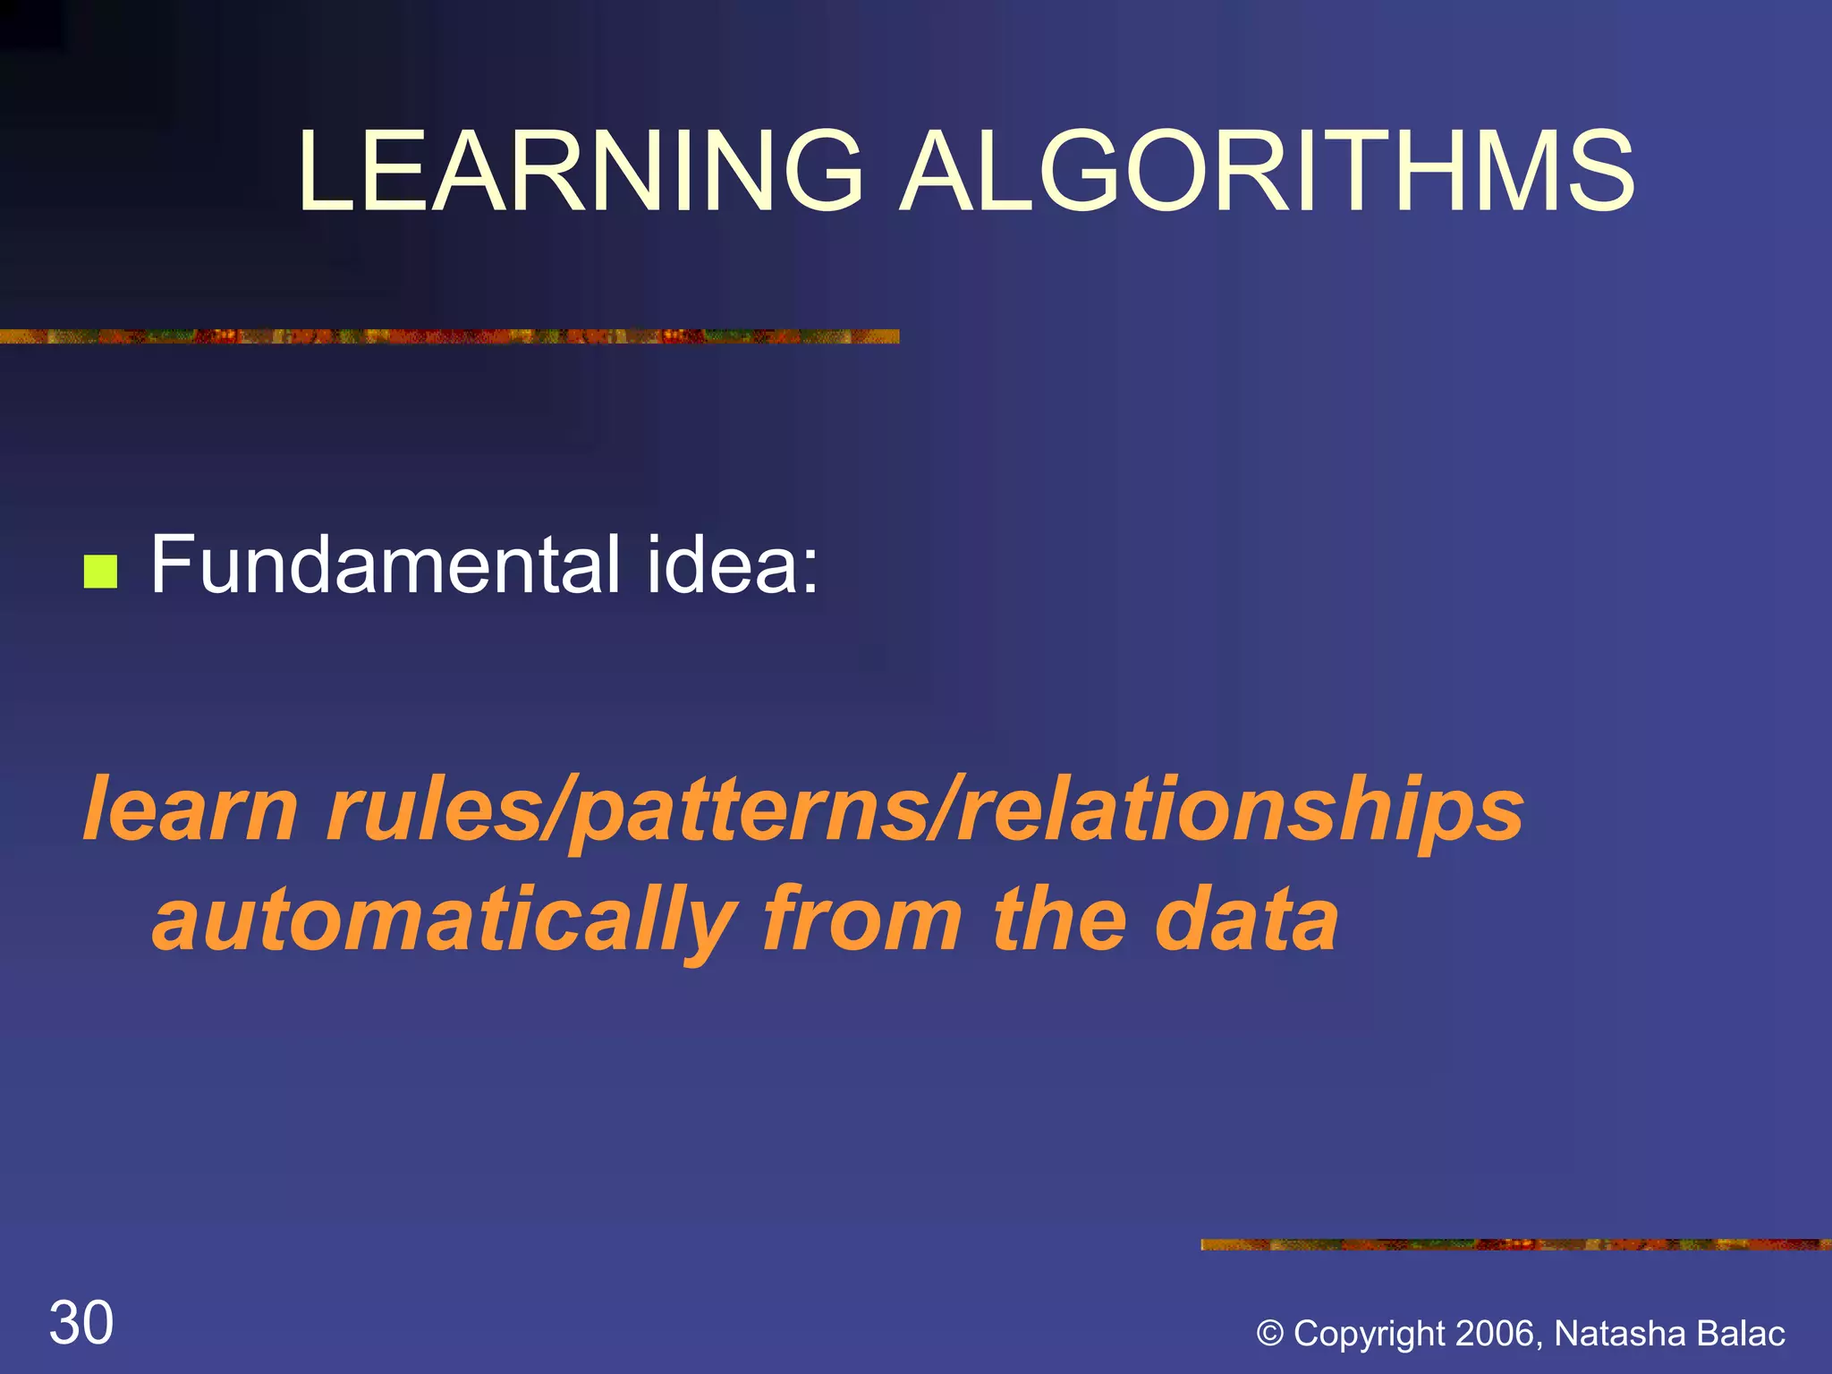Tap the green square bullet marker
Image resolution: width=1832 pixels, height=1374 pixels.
tap(100, 572)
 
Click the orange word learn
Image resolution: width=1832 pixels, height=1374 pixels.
tap(189, 809)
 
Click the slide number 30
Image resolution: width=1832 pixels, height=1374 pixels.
tap(81, 1323)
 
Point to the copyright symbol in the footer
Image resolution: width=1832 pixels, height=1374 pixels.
tap(1269, 1334)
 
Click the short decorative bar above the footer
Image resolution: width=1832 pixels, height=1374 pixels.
tap(1515, 1244)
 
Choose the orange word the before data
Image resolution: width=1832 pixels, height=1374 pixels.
tap(1060, 920)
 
